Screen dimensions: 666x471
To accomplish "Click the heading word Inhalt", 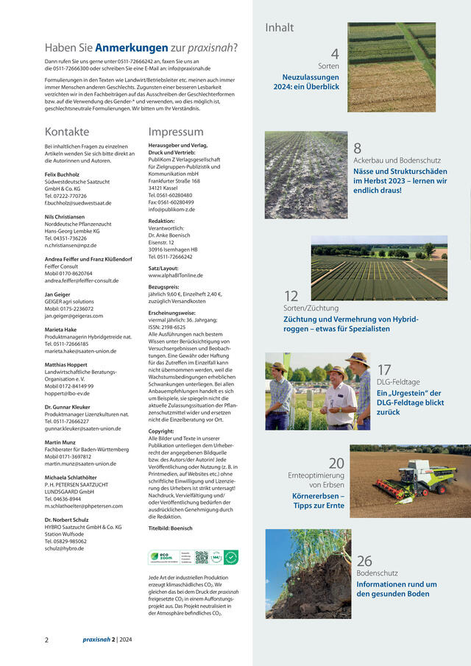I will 279,28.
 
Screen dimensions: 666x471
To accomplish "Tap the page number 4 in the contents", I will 334,54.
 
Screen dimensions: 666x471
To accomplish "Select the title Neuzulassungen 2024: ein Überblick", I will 311,82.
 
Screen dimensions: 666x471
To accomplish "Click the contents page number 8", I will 358,148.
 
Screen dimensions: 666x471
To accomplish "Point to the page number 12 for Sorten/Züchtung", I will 291,296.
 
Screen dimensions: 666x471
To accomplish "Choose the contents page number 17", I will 384,369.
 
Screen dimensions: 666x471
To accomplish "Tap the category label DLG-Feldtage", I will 398,383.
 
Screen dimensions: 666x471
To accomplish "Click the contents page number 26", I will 364,561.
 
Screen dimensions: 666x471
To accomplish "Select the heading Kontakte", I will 67,132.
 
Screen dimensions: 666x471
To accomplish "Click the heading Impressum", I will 176,132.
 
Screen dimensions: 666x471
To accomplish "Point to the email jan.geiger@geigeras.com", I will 74,316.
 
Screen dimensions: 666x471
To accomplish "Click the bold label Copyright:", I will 161,431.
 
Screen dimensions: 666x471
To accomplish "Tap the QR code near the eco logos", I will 201,557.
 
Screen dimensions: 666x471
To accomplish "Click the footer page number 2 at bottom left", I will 47,640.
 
